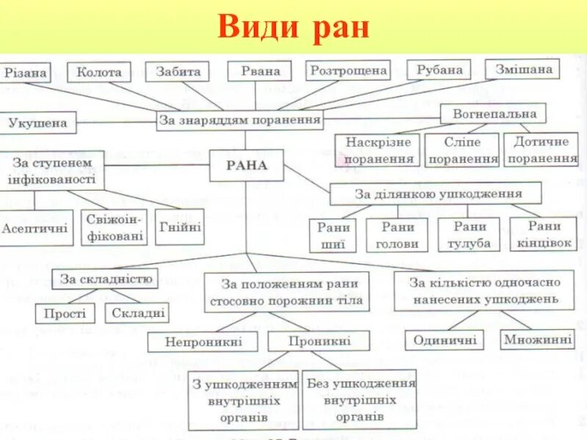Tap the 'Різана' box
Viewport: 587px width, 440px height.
pos(26,73)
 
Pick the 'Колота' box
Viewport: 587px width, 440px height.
pos(99,72)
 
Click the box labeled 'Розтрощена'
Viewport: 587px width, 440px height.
pos(348,70)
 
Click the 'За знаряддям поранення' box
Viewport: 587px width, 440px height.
pos(240,120)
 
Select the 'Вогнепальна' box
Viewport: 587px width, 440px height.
pos(493,114)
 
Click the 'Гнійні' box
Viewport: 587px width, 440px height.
pos(180,227)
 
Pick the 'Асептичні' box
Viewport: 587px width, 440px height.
pos(36,228)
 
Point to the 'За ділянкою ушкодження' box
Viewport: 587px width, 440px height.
pos(436,194)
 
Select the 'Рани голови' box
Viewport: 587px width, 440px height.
pos(397,235)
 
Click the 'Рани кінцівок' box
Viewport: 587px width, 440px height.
pos(544,234)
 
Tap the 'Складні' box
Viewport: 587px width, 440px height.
pos(136,313)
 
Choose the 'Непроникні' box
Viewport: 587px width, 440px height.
pos(203,341)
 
